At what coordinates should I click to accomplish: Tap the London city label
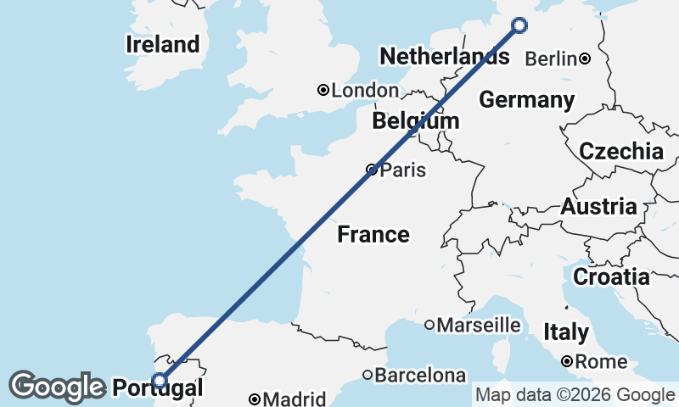pyautogui.click(x=365, y=91)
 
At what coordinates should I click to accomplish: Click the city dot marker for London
pyautogui.click(x=323, y=90)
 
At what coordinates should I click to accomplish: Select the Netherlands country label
pyautogui.click(x=444, y=57)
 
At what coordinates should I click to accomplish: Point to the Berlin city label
pyautogui.click(x=552, y=59)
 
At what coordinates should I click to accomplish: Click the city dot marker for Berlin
pyautogui.click(x=585, y=59)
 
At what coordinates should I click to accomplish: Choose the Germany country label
pyautogui.click(x=526, y=100)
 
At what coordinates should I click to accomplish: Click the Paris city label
pyautogui.click(x=402, y=170)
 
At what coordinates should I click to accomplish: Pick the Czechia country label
pyautogui.click(x=620, y=152)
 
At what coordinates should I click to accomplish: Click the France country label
pyautogui.click(x=373, y=234)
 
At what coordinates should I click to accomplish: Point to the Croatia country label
pyautogui.click(x=611, y=276)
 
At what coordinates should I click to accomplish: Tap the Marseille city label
pyautogui.click(x=479, y=325)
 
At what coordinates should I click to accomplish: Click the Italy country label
pyautogui.click(x=565, y=332)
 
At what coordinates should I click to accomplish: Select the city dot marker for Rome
pyautogui.click(x=567, y=362)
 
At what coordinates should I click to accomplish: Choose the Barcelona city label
pyautogui.click(x=421, y=375)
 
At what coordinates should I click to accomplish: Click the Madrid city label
pyautogui.click(x=294, y=399)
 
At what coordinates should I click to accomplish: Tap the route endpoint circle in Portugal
pyautogui.click(x=159, y=381)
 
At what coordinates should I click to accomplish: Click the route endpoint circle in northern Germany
pyautogui.click(x=519, y=25)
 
